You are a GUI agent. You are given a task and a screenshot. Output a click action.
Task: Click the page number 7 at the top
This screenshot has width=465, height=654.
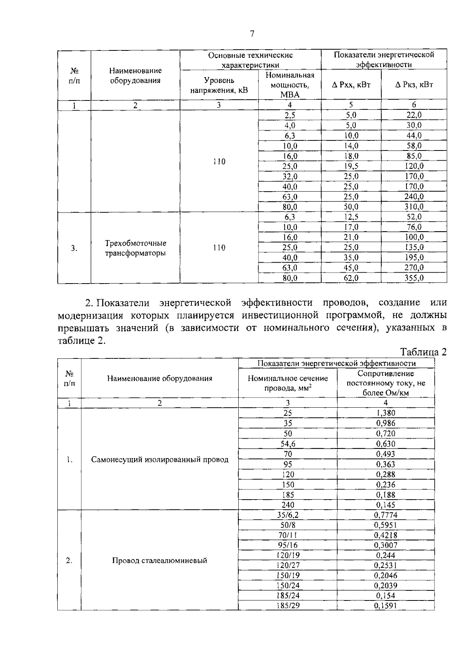(x=252, y=34)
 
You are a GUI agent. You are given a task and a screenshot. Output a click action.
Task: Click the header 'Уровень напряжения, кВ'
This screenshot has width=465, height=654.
(x=219, y=85)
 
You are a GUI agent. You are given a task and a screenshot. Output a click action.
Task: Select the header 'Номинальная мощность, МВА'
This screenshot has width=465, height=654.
(x=289, y=85)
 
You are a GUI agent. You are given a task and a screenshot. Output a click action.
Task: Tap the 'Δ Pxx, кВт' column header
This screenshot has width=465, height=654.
(x=351, y=85)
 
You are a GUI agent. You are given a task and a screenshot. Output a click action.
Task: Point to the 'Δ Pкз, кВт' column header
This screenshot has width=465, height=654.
(x=414, y=85)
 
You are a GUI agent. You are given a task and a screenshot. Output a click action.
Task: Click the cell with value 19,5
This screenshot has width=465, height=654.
(x=351, y=166)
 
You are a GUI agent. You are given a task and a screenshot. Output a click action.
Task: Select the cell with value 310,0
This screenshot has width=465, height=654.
(x=414, y=207)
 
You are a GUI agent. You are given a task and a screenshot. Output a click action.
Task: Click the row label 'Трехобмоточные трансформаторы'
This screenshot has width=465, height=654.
(x=135, y=248)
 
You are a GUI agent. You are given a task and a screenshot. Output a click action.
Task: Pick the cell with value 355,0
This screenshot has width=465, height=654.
(x=414, y=278)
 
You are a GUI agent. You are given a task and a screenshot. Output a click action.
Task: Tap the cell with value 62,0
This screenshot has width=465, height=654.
(x=351, y=278)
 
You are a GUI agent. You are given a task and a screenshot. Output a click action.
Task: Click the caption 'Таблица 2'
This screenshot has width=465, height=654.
(x=423, y=352)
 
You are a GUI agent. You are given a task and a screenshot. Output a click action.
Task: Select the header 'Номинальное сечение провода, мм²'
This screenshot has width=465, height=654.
(x=288, y=383)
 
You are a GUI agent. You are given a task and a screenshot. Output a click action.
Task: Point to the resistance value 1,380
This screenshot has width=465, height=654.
(x=386, y=413)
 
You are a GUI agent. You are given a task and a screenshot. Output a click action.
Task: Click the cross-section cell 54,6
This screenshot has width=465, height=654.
(x=288, y=444)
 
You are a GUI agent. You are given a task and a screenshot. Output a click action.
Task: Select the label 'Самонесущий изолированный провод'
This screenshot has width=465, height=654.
(x=160, y=460)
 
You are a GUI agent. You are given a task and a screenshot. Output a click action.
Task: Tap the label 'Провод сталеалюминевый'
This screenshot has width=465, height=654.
(x=160, y=561)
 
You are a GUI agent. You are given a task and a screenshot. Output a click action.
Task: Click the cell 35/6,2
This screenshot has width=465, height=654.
(x=288, y=515)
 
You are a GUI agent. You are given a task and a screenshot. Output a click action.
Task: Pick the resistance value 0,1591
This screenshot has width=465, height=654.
(x=386, y=606)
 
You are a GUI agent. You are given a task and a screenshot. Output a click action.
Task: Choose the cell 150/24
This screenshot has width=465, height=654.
(x=288, y=585)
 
